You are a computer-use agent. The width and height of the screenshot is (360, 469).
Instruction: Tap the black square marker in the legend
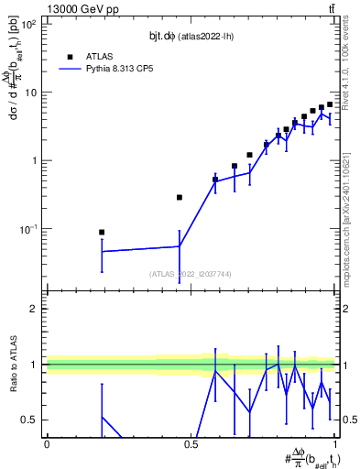tap(68, 55)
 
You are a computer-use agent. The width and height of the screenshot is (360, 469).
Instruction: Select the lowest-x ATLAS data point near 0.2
tap(102, 233)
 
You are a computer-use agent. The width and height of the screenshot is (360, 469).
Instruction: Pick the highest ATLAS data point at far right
tap(330, 104)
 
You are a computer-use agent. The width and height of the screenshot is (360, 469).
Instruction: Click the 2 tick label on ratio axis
tap(33, 309)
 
